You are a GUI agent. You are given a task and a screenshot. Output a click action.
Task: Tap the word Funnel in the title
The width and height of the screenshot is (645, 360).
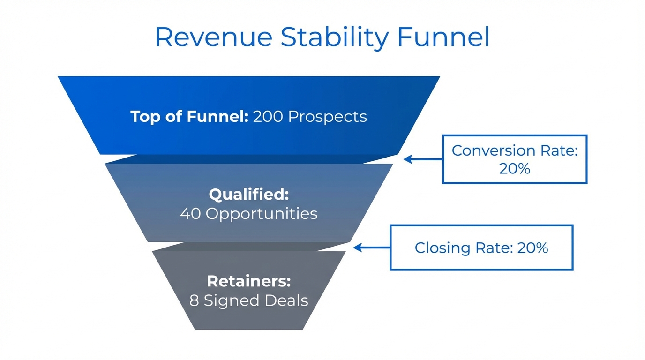coord(443,37)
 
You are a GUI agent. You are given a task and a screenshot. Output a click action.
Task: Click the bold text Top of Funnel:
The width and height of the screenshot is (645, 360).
coord(189,116)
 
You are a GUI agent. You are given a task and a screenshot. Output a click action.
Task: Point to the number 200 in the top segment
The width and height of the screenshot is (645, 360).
coord(268,116)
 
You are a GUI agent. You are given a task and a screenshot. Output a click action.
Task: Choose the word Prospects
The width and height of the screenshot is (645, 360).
coord(327,116)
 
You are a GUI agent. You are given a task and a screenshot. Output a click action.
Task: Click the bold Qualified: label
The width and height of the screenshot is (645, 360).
coord(249,194)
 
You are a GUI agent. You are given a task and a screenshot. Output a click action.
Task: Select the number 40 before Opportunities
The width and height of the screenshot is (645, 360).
coord(191,214)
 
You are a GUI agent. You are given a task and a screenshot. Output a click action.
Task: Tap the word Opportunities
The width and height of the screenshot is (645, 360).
coord(262,214)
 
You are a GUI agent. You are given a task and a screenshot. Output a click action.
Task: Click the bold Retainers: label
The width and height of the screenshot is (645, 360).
coord(249,281)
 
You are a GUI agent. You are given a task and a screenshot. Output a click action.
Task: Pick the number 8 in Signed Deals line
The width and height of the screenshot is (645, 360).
coord(194,300)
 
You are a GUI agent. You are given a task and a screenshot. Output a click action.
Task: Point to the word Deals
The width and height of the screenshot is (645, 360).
coord(286,300)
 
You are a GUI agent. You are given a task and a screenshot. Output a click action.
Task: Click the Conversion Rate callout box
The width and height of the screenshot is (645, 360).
coord(515,159)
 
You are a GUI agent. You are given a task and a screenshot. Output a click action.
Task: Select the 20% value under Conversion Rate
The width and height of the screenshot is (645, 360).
coord(515,169)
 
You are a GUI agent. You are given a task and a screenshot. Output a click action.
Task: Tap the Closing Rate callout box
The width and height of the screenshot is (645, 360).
coord(481,247)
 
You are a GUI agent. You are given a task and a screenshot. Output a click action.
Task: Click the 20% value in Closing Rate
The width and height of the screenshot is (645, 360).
coord(532,247)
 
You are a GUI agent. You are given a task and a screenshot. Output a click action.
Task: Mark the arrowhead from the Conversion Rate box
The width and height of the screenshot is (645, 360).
coord(407,159)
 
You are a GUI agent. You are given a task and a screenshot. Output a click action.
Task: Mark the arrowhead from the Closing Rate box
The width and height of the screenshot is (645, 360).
coord(357,247)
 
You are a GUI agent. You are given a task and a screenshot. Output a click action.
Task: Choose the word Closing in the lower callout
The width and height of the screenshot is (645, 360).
coord(438,247)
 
